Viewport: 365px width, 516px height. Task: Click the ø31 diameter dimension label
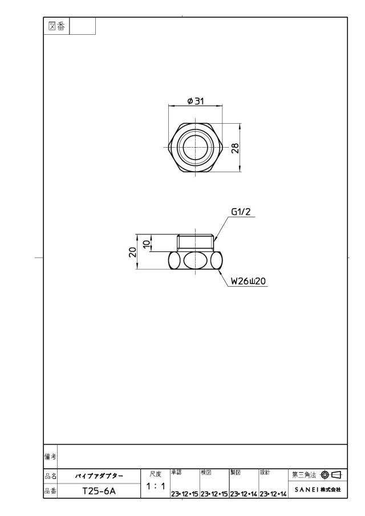pos(196,101)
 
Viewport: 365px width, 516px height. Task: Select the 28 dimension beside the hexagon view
pos(236,148)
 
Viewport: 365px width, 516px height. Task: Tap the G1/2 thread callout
pos(241,212)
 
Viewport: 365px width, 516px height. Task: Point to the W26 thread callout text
pos(248,281)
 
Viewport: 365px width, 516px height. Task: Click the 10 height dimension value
pos(147,243)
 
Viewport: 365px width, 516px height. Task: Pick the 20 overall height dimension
pos(133,252)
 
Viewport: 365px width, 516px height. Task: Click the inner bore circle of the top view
pos(195,147)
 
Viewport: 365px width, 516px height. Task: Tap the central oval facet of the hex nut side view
pos(195,261)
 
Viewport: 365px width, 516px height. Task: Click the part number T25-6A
pos(99,491)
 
